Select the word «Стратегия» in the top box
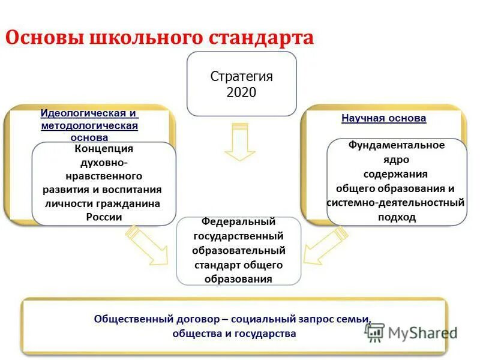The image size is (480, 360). (241, 77)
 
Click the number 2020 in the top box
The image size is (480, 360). (241, 92)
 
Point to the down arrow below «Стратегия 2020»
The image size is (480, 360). (240, 142)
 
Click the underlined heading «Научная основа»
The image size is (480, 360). (383, 118)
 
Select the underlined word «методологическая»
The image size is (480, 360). (89, 125)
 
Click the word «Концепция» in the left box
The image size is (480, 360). (104, 149)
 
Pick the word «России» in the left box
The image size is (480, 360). (104, 217)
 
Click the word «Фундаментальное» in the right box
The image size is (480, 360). (397, 145)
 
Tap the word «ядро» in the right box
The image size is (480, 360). (397, 160)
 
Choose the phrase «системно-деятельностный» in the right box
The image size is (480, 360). (395, 203)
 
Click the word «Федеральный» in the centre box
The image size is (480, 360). (238, 222)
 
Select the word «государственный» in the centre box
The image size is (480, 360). (238, 236)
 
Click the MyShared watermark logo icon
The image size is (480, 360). (374, 332)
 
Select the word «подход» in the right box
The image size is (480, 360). (397, 217)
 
